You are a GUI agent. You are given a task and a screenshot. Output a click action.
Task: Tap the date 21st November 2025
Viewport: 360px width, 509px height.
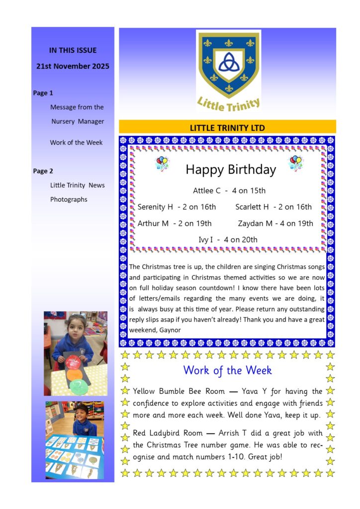click(x=73, y=66)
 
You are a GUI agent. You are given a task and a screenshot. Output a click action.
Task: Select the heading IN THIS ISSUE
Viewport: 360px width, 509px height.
click(x=73, y=50)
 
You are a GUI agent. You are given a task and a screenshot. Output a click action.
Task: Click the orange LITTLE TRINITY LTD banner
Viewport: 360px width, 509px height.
click(x=227, y=127)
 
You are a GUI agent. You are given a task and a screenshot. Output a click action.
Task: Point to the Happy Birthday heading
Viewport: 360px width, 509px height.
click(x=231, y=170)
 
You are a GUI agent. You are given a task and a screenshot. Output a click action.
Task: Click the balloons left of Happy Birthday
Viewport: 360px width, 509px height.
click(x=162, y=163)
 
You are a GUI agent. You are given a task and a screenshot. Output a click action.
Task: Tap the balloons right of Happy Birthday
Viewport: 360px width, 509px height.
click(x=296, y=163)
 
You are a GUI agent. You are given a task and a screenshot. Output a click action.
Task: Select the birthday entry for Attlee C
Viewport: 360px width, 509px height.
click(x=229, y=190)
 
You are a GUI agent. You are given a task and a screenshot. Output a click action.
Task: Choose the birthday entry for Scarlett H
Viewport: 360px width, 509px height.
click(x=273, y=207)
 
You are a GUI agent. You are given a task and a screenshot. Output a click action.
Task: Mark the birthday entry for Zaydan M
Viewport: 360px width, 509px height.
click(x=275, y=223)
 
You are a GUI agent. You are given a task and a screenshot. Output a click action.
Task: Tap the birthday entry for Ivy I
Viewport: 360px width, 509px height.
click(x=228, y=240)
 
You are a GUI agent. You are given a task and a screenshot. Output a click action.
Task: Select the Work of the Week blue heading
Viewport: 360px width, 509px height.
click(x=227, y=370)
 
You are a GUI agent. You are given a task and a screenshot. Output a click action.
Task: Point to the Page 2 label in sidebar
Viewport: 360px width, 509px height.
click(x=43, y=171)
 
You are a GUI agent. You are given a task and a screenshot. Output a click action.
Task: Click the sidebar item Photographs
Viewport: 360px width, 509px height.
click(x=69, y=199)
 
